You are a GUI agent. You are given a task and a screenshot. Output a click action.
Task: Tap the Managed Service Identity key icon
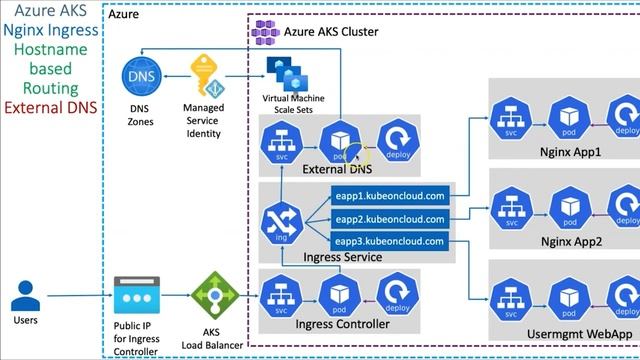[x=206, y=75]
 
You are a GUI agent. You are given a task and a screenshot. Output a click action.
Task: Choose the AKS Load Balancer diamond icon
[x=211, y=296]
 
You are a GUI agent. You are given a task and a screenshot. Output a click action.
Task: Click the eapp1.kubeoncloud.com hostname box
[x=391, y=196]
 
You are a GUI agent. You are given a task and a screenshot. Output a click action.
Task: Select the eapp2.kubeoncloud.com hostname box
[x=391, y=218]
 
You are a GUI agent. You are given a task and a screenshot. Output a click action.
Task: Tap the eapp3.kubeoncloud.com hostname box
[x=391, y=241]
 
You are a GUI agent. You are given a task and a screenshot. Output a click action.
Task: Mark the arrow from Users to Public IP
[x=80, y=296]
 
